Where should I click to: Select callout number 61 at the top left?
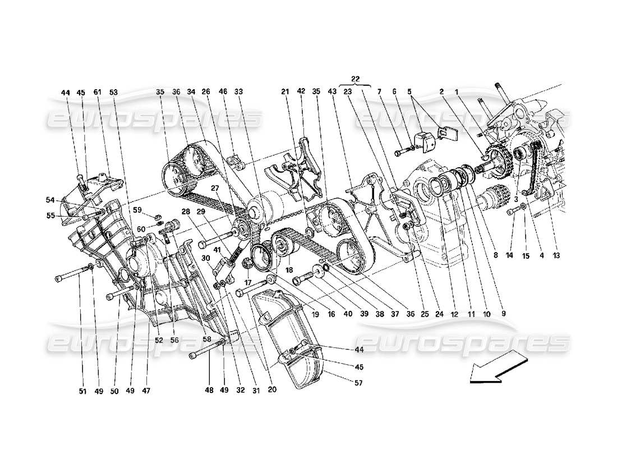(97, 92)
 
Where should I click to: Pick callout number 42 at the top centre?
(301, 91)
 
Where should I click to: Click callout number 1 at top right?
(457, 91)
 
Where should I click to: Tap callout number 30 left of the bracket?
(206, 258)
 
